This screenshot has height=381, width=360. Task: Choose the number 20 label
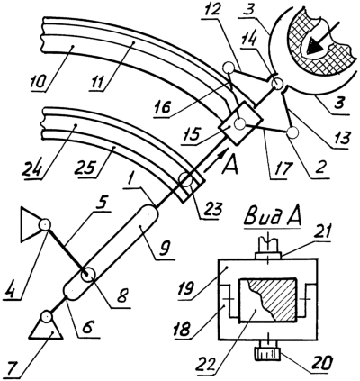[322, 363]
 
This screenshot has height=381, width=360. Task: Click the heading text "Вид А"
[273, 218]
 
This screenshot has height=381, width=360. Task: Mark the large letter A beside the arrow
[229, 165]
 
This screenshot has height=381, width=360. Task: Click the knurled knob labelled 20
[267, 354]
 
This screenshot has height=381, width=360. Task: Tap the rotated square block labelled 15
[241, 123]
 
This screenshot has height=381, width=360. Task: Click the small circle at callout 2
[292, 132]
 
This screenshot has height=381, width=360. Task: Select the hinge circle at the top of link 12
[229, 68]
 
